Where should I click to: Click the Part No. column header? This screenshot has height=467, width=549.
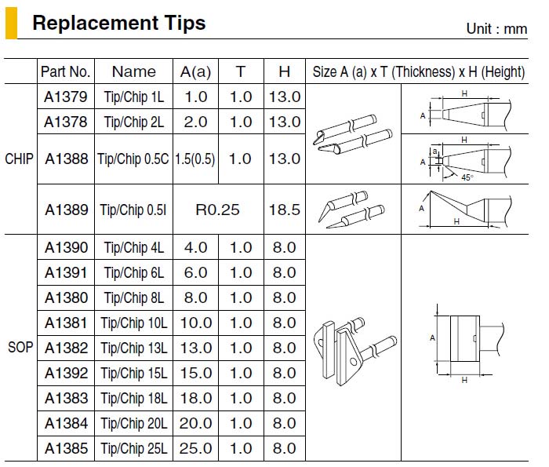pyautogui.click(x=65, y=71)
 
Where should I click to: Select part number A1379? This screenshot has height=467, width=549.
pyautogui.click(x=65, y=97)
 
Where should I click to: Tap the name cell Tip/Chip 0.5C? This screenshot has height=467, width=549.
pyautogui.click(x=133, y=159)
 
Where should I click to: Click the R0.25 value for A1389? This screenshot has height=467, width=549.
pyautogui.click(x=217, y=210)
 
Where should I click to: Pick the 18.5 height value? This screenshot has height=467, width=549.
pyautogui.click(x=284, y=210)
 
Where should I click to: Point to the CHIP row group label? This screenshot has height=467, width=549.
pyautogui.click(x=20, y=159)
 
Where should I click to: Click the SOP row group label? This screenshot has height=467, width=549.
pyautogui.click(x=20, y=347)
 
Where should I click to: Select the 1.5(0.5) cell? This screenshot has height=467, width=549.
pyautogui.click(x=195, y=159)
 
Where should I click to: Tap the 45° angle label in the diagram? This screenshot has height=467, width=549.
pyautogui.click(x=467, y=177)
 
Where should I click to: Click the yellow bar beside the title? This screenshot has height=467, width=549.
pyautogui.click(x=11, y=23)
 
